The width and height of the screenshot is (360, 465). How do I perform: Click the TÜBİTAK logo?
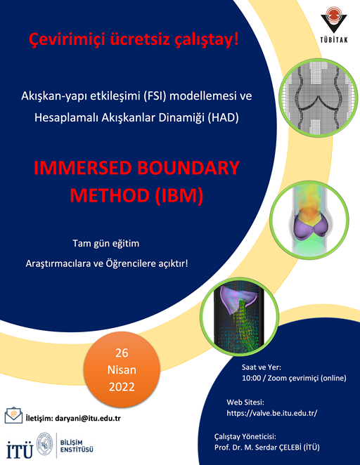[334, 25]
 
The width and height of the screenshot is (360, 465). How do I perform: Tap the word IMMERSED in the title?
[83, 168]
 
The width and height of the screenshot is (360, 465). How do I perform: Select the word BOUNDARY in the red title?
[188, 168]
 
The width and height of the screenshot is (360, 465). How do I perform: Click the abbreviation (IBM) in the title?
[179, 195]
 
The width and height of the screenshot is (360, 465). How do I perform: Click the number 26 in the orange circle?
[122, 353]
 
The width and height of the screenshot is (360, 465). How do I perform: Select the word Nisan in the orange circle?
[122, 369]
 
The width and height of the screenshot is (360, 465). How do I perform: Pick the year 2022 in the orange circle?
[122, 387]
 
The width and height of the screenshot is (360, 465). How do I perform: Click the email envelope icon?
[13, 415]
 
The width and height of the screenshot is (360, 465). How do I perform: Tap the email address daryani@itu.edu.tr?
[88, 419]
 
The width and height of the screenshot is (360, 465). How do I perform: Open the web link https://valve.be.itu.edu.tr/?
[272, 413]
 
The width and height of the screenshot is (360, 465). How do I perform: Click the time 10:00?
[252, 378]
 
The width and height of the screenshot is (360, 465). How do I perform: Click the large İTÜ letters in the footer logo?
[20, 450]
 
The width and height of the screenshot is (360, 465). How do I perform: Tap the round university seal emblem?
[44, 444]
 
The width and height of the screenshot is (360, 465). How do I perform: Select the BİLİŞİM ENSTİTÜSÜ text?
[77, 446]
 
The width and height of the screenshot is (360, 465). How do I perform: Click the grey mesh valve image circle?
[319, 98]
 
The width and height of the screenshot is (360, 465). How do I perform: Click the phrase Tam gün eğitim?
[106, 244]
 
